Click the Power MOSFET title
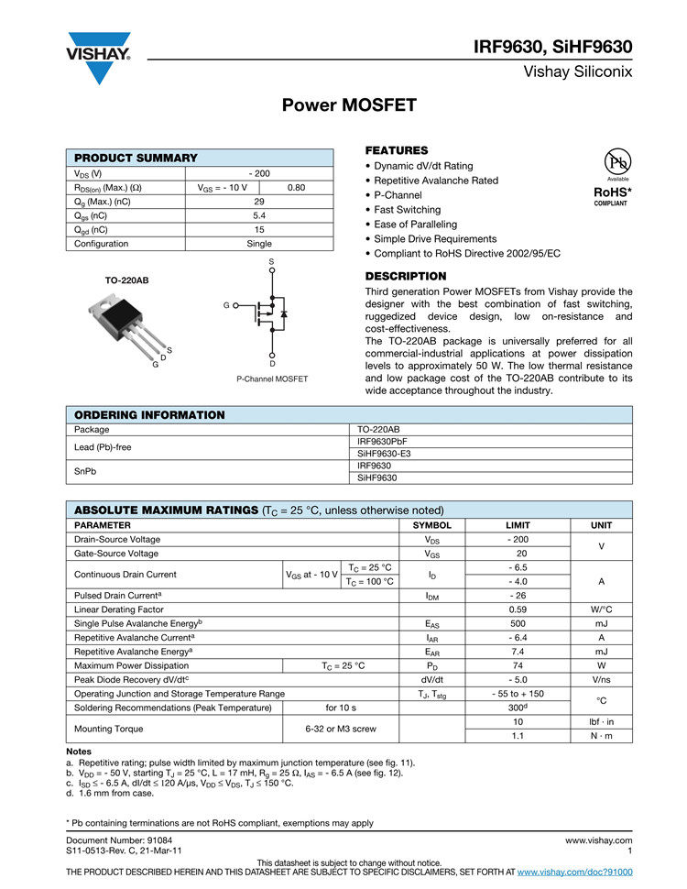tap(348, 105)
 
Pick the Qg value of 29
tap(259, 202)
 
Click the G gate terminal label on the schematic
tap(225, 304)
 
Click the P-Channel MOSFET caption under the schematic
tap(272, 379)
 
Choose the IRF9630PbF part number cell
tap(382, 442)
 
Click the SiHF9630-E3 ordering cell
tap(384, 454)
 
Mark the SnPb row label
tap(86, 471)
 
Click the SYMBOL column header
tap(432, 526)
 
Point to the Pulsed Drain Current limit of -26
tap(518, 596)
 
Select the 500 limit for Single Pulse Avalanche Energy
tap(518, 623)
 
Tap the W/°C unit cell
tap(601, 609)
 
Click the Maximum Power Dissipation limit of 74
tap(518, 665)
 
